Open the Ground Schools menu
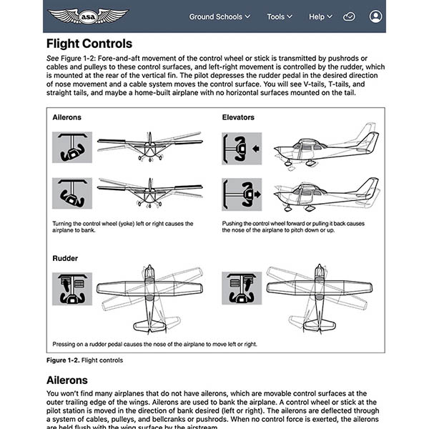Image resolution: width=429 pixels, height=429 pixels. tap(220, 16)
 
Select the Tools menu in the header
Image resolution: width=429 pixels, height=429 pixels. tap(280, 16)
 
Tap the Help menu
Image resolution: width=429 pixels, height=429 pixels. tap(321, 16)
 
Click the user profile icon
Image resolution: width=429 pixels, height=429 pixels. tap(376, 16)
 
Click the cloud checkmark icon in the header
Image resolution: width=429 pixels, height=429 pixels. tap(349, 16)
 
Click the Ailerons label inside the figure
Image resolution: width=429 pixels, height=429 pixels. tap(66, 117)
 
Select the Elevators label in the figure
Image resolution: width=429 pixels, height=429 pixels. tap(238, 117)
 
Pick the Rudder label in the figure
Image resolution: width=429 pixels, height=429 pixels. tap(65, 257)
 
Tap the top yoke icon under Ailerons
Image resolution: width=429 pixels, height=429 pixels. tap(71, 147)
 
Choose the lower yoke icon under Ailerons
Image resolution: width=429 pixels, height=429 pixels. tap(71, 193)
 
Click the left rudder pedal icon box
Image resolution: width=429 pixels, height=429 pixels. tap(71, 288)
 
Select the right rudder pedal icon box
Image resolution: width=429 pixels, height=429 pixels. tap(242, 288)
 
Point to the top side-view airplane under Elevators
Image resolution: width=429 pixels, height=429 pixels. tap(325, 147)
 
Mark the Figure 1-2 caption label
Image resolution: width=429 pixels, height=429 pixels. tap(66, 360)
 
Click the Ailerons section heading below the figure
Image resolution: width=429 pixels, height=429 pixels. tap(77, 380)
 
